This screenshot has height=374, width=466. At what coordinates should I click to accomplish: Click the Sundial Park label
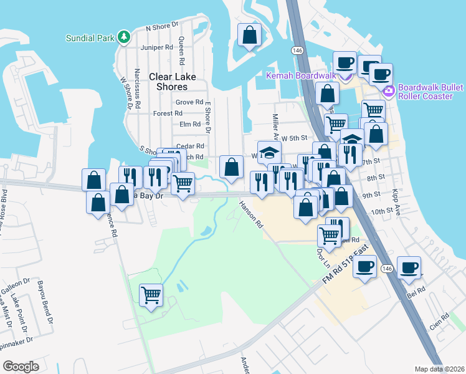[90, 37]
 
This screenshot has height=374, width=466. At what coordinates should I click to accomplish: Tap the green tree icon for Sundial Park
[124, 37]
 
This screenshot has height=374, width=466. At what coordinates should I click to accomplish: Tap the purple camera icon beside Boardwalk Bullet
[389, 92]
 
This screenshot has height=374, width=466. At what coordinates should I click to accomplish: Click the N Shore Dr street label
[162, 28]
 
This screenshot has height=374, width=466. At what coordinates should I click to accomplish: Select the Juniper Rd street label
[157, 47]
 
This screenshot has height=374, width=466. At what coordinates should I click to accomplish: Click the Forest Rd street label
[168, 113]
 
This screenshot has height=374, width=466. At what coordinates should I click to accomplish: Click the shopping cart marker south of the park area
[151, 295]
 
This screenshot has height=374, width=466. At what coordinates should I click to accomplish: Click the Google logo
[21, 366]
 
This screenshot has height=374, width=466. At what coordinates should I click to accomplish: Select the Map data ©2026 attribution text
[439, 369]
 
